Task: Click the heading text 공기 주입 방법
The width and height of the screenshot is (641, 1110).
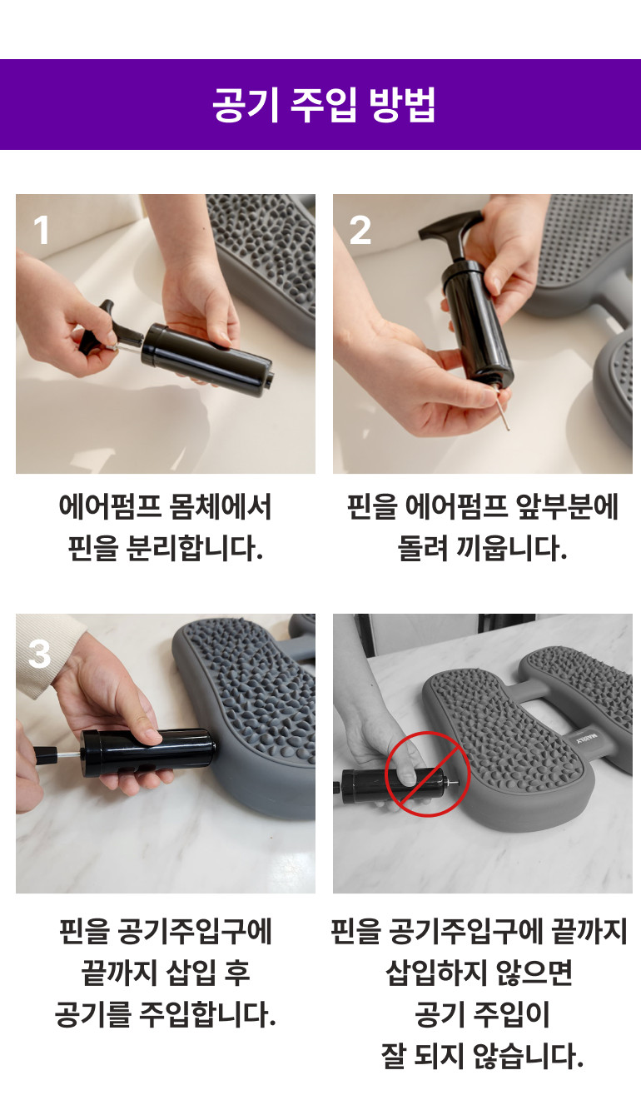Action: [x=324, y=104]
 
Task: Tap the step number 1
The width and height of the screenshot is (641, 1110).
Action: [x=42, y=230]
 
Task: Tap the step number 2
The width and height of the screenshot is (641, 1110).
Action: [x=360, y=230]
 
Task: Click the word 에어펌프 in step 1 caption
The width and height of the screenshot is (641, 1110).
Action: [x=110, y=507]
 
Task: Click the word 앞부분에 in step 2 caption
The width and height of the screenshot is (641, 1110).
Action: [x=567, y=507]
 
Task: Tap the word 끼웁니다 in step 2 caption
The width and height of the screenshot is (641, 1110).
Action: [x=511, y=548]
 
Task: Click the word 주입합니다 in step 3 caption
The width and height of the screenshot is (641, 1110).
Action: [x=207, y=1014]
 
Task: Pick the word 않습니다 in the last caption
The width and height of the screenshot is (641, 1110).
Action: [x=528, y=1056]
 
